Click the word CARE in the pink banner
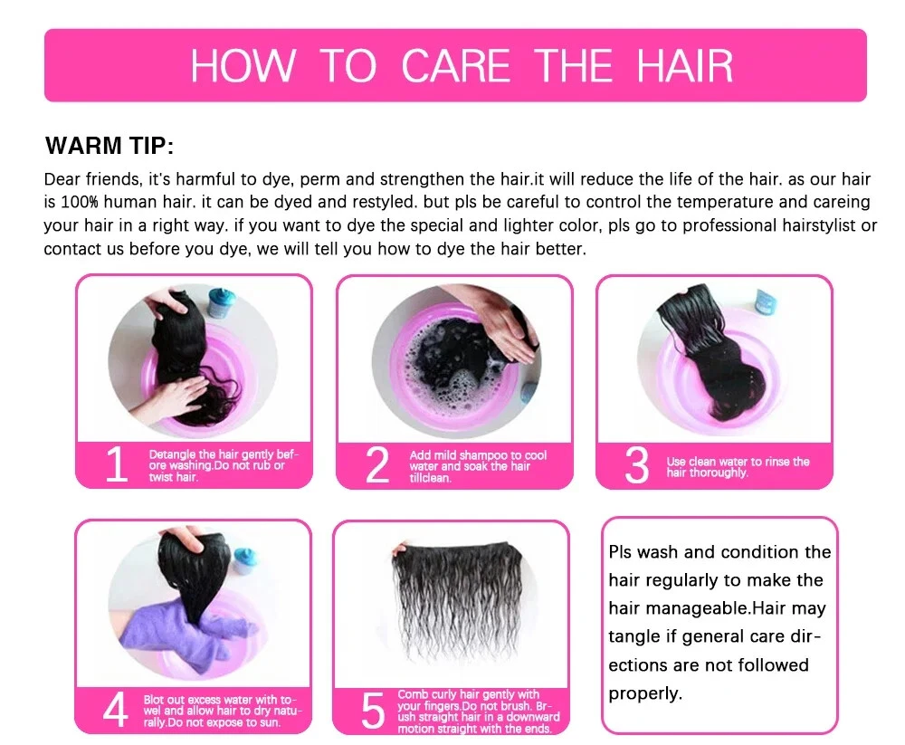coord(455,66)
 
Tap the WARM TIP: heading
coord(110,146)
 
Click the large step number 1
coord(117,465)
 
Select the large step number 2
coord(377,465)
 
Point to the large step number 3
coord(637,465)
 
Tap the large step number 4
coord(116,711)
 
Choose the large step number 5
coord(373,712)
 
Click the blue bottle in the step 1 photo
coord(220,302)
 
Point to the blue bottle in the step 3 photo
coord(766,301)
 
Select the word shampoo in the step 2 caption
coord(491,455)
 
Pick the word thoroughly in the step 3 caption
coord(719,473)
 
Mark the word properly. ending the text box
coord(645,693)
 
